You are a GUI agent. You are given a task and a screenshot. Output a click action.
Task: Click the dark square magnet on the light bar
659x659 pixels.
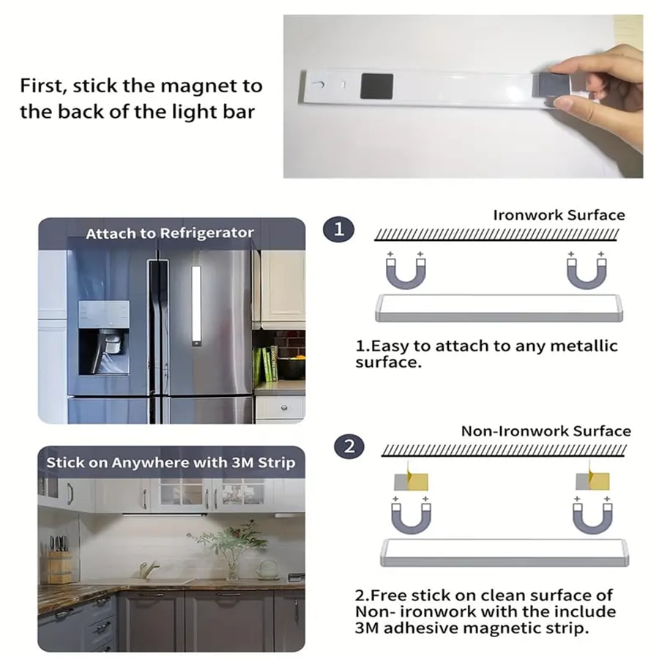click(377, 86)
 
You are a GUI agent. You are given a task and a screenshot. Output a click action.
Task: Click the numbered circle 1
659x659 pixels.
click(339, 229)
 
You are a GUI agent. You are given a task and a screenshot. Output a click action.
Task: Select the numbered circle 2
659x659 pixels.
click(349, 447)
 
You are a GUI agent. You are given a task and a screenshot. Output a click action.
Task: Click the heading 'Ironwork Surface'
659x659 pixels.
click(559, 215)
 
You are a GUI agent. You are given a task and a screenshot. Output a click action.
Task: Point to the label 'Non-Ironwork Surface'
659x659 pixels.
click(546, 431)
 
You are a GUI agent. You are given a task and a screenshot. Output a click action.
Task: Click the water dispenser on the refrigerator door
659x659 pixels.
click(104, 337)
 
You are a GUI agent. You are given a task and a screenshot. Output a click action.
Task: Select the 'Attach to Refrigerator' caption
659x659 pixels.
click(170, 233)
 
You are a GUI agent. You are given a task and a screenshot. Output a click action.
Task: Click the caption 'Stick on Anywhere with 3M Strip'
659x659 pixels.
click(171, 463)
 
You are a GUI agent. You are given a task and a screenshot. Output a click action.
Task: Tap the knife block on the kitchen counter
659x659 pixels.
click(60, 560)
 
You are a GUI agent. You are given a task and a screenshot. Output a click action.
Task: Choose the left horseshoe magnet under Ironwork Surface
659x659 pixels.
click(406, 272)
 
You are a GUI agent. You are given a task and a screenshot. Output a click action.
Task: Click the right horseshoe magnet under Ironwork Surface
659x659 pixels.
click(587, 272)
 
